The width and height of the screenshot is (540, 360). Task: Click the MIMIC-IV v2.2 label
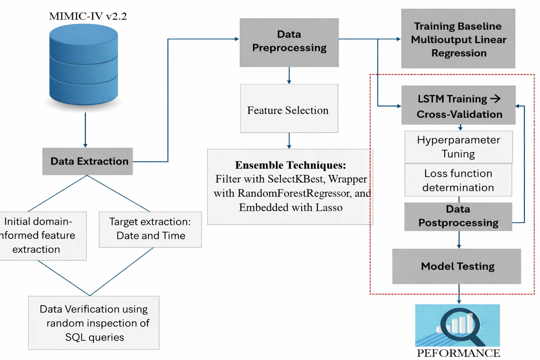pos(88,16)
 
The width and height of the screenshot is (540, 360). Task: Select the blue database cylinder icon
pos(84,65)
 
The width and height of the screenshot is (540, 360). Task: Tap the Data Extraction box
pos(88,161)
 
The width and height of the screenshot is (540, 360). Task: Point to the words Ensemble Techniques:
pos(290,165)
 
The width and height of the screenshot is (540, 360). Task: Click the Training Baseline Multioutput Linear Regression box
pos(458,39)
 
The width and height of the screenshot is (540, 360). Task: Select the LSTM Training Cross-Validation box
pos(458,105)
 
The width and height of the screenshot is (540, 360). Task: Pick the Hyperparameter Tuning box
pos(458,147)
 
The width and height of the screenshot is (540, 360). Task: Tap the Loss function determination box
pos(458,180)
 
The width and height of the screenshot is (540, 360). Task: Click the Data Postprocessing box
pos(458,216)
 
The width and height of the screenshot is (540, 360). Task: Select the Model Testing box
pos(457,266)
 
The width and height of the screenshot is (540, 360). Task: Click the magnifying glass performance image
pos(457,326)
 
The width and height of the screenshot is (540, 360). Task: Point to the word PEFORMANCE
pos(458,353)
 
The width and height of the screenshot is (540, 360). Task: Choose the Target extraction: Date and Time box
pos(150,229)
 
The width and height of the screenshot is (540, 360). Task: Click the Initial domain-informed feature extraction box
pos(40,236)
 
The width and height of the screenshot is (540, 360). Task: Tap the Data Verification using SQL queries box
pos(94,323)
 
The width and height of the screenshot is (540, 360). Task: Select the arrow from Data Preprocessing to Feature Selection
pos(289,75)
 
